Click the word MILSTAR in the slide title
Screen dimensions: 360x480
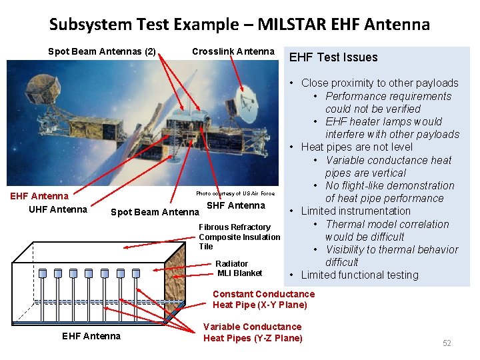pyautogui.click(x=281, y=25)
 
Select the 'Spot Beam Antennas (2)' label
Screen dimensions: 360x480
pyautogui.click(x=102, y=51)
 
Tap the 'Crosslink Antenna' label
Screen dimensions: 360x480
pyautogui.click(x=233, y=51)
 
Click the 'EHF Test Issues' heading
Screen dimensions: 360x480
pyautogui.click(x=333, y=57)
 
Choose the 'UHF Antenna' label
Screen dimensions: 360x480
pyautogui.click(x=57, y=209)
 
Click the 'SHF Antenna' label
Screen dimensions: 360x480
pyautogui.click(x=231, y=205)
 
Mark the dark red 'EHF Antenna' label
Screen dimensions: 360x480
pyautogui.click(x=39, y=196)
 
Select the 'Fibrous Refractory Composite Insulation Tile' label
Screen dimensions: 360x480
pyautogui.click(x=239, y=237)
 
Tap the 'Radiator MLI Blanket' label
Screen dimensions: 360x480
pyautogui.click(x=239, y=268)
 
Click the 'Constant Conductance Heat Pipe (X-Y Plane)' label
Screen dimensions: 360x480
pyautogui.click(x=263, y=299)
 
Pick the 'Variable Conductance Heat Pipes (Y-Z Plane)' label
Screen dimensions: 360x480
pyautogui.click(x=252, y=332)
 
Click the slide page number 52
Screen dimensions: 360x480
pyautogui.click(x=447, y=343)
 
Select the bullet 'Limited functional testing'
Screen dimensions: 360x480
pyautogui.click(x=359, y=275)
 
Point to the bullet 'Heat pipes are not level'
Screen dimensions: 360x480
pyautogui.click(x=357, y=147)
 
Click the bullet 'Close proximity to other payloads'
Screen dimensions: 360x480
pyautogui.click(x=379, y=83)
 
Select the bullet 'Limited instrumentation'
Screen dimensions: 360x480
pyautogui.click(x=355, y=211)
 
